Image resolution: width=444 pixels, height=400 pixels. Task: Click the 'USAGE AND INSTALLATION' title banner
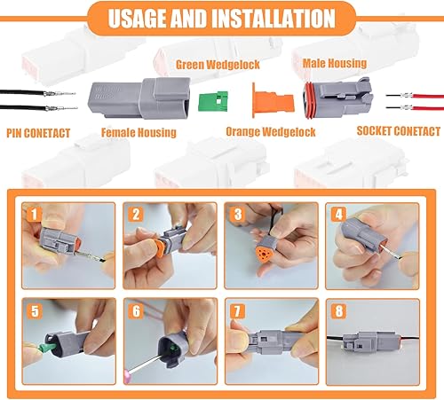[222, 19]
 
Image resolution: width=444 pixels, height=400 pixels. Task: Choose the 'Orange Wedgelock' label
[272, 133]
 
